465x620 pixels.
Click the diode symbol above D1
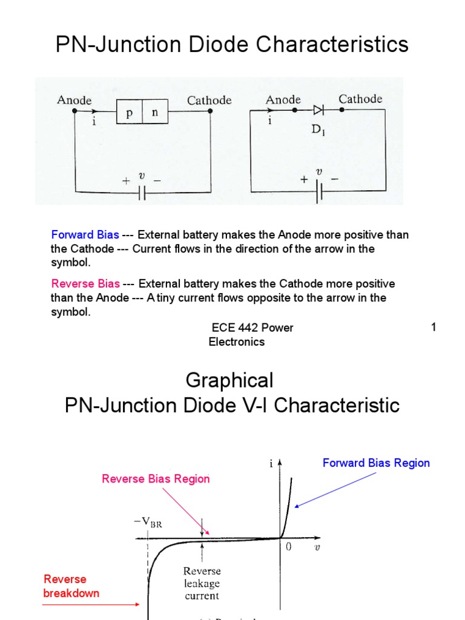[318, 110]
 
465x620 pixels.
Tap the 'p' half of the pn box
[129, 113]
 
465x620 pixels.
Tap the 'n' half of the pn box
[154, 113]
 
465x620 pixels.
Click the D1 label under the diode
[319, 129]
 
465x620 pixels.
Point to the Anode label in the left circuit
[74, 100]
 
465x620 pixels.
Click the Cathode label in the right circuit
[360, 99]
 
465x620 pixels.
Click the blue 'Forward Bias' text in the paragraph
[85, 235]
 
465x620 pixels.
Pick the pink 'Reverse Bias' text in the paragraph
[85, 284]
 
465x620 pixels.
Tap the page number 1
[434, 328]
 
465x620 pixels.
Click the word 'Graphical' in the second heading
[229, 380]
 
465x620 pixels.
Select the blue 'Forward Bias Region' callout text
[376, 463]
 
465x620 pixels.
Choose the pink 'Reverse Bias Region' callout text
[156, 479]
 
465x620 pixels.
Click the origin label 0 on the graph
[289, 546]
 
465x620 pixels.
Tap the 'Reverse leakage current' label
[202, 583]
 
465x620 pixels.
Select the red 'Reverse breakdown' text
[71, 586]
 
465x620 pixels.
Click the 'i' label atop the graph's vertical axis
[271, 464]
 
